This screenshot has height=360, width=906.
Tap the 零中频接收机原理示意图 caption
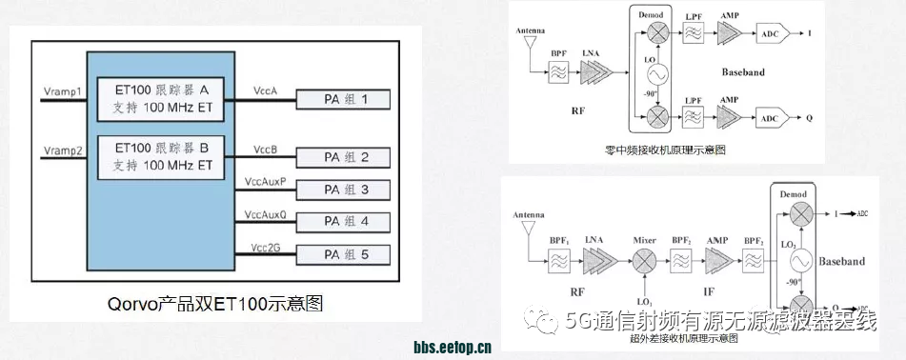tap(666, 150)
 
